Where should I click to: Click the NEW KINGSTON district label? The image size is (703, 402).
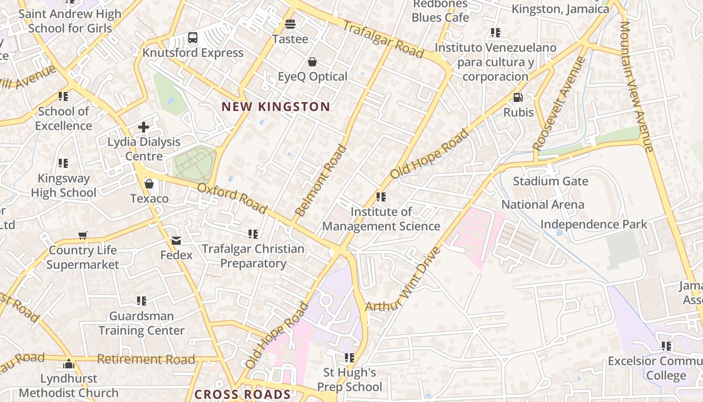[x=276, y=107]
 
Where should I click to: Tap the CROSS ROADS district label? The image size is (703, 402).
[x=243, y=394]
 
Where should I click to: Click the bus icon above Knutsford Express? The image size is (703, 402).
[x=193, y=37]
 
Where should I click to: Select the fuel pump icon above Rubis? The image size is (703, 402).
[x=518, y=97]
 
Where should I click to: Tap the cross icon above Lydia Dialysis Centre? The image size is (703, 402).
[x=144, y=127]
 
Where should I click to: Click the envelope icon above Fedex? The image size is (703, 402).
[x=176, y=240]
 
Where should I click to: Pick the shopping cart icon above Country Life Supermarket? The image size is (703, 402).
[x=83, y=235]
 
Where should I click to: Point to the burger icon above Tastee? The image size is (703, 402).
[x=290, y=24]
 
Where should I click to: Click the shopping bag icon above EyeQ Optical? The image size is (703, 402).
[x=312, y=62]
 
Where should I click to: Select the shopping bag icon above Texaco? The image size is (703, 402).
[x=149, y=184]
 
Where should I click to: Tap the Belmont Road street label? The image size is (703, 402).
[x=321, y=180]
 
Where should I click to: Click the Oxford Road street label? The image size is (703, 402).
[x=232, y=197]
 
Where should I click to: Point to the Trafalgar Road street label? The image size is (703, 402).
[x=384, y=39]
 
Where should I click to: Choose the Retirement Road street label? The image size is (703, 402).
[x=146, y=359]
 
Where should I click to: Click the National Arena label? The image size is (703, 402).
[x=543, y=205]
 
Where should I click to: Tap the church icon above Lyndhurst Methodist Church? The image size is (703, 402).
[x=69, y=364]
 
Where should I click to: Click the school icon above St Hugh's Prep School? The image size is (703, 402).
[x=349, y=358]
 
